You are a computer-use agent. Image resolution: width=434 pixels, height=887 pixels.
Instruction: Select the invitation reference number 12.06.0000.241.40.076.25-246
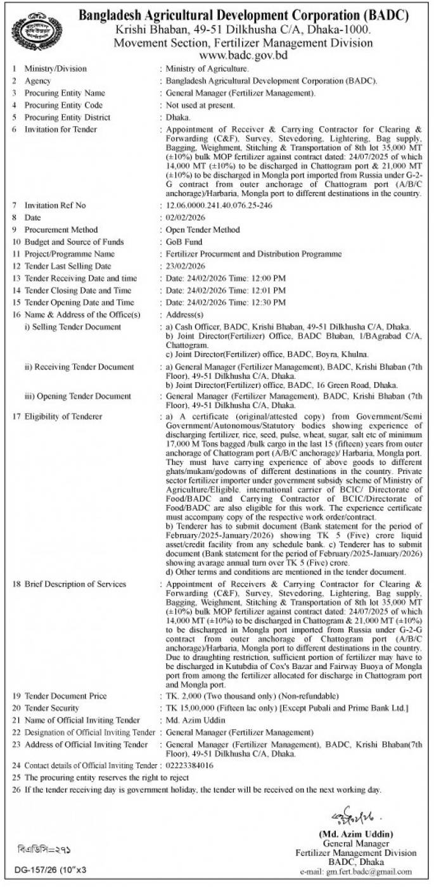pos(216,206)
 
